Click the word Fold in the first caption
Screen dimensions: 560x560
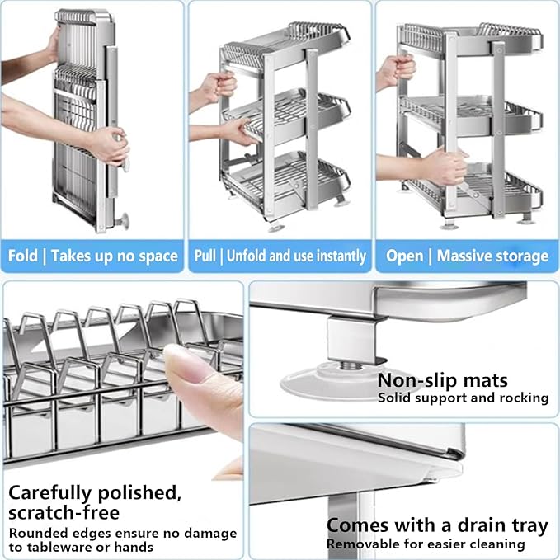pos(23,256)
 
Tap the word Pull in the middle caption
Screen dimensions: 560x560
pos(205,256)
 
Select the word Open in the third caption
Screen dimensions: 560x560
pos(405,256)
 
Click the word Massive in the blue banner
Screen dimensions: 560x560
pos(468,256)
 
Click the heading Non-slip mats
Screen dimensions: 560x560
pos(442,380)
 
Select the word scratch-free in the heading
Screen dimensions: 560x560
pos(64,513)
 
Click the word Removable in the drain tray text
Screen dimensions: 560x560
pos(360,544)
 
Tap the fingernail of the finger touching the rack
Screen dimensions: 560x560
pos(181,363)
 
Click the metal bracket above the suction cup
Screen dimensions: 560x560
pos(351,338)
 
